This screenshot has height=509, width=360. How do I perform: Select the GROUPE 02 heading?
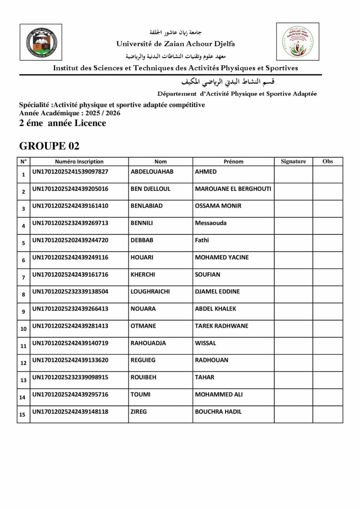click(46, 146)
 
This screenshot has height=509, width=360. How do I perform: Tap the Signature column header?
click(293, 162)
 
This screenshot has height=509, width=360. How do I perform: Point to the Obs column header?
click(328, 162)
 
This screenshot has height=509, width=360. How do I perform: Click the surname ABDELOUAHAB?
click(152, 172)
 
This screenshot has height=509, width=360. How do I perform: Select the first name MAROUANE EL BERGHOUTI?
click(233, 189)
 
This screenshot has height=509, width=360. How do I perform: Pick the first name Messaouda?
click(210, 223)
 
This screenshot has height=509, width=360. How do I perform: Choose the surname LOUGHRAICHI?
click(150, 292)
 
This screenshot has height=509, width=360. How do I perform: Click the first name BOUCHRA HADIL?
click(218, 412)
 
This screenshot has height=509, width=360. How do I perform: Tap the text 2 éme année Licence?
click(62, 124)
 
